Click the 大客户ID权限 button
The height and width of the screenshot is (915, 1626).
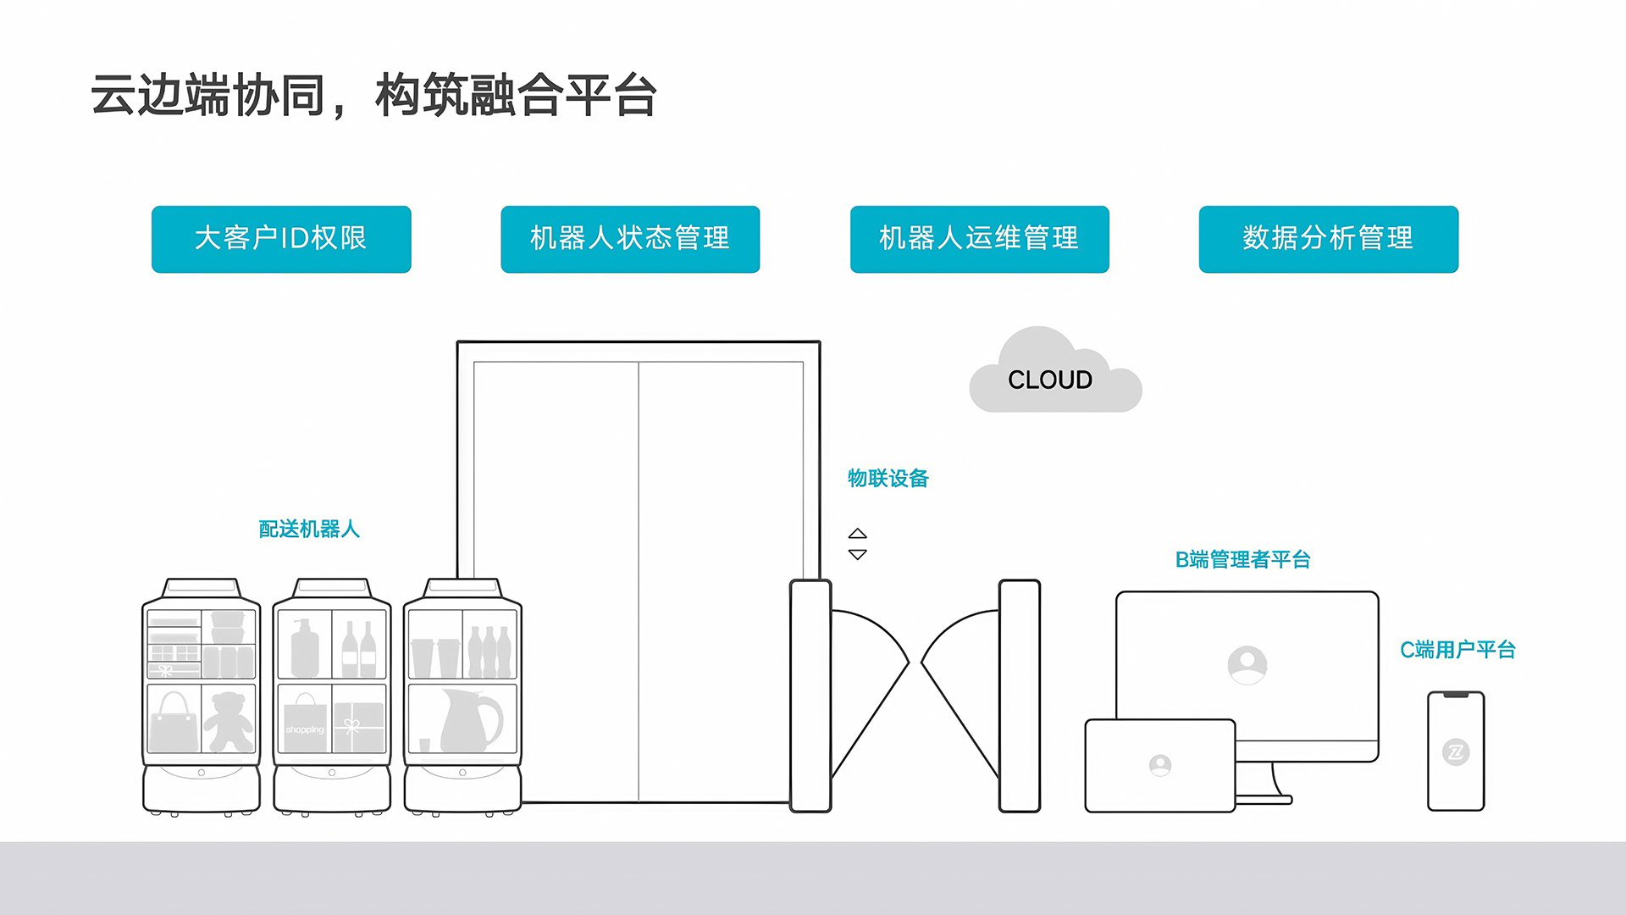(281, 239)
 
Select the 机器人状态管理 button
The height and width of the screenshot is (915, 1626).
(630, 239)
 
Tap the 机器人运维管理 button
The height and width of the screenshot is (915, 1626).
(979, 239)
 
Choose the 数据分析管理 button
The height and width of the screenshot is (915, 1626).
(1328, 239)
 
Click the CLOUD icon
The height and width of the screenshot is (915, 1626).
(1051, 379)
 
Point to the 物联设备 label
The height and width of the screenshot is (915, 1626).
(888, 479)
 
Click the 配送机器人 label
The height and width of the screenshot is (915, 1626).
(309, 530)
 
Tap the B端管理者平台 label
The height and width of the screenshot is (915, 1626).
(1242, 560)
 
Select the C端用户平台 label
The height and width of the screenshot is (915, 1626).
(1457, 650)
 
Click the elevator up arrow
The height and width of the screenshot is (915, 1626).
(858, 534)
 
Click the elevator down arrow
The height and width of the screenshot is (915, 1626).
(858, 555)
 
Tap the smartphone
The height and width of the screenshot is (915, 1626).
(1456, 751)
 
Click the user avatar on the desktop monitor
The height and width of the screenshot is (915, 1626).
(1247, 665)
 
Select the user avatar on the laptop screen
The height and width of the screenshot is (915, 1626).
(1160, 766)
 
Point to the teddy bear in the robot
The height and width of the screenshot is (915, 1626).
(229, 721)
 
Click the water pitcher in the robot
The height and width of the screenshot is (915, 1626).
(471, 720)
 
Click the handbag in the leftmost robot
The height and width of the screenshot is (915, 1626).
(174, 721)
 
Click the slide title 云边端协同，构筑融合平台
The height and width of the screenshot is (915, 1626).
(373, 96)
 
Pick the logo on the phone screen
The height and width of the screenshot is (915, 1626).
(1456, 751)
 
